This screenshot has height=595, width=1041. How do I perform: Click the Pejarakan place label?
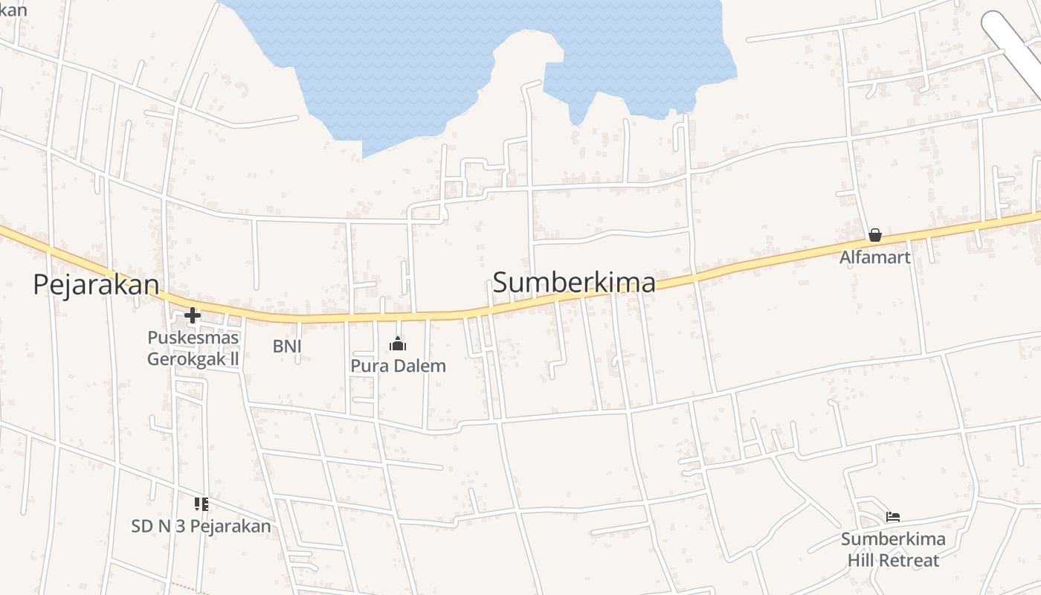(96, 286)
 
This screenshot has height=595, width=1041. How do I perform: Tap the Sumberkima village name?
(574, 283)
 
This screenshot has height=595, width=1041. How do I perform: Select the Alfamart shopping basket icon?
(875, 236)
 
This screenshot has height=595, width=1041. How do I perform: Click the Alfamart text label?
(875, 257)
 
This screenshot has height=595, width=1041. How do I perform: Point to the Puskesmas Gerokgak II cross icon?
(193, 316)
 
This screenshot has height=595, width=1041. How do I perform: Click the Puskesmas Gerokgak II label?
(193, 348)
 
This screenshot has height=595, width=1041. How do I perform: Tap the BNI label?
(287, 346)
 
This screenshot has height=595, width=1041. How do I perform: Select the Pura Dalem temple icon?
(399, 344)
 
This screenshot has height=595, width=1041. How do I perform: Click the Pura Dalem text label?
(399, 366)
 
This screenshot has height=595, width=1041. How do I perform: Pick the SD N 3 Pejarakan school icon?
(201, 505)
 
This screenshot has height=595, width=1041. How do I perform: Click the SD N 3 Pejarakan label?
(201, 527)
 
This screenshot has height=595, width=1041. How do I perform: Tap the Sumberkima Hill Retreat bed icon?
(893, 517)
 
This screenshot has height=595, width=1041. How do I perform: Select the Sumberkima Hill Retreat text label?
(893, 549)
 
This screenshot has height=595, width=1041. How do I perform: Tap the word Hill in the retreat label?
(861, 560)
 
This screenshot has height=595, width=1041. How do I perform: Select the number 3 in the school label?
(181, 527)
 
